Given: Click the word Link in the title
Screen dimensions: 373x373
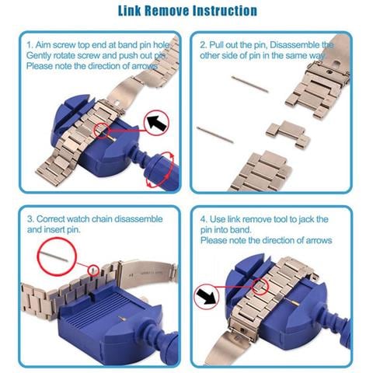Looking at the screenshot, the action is point(129,11).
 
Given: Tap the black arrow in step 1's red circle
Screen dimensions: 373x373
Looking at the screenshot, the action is point(157,123).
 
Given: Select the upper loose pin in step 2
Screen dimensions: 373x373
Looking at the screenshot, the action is point(249,84).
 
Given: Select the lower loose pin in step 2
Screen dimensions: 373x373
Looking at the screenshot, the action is point(215,134).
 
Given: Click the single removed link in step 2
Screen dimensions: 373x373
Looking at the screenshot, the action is point(288,134).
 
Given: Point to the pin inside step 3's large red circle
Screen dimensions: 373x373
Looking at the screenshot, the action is point(55,256).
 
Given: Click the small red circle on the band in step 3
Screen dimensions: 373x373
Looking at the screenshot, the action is point(93,270).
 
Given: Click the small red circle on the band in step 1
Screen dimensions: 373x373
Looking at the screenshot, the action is point(103,131).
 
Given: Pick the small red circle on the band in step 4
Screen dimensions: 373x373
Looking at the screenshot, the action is point(260,287).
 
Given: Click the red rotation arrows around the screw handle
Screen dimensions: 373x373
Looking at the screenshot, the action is point(159,169).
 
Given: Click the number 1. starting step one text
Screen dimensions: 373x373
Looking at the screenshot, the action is point(30,45).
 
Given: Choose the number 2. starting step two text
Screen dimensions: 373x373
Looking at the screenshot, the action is point(204,45).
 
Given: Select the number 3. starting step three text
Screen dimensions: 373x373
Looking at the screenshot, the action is point(31,219).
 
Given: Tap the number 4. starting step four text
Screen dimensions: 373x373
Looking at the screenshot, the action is point(204,219).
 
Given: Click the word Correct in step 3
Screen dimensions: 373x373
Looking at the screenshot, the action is point(51,219).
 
